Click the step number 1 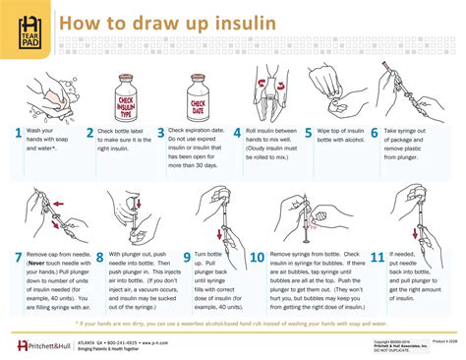(x=18, y=133)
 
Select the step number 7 (x=18, y=259)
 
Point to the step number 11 (x=377, y=259)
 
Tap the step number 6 (x=374, y=133)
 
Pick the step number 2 (x=89, y=133)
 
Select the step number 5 (x=309, y=133)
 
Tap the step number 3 (x=160, y=133)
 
